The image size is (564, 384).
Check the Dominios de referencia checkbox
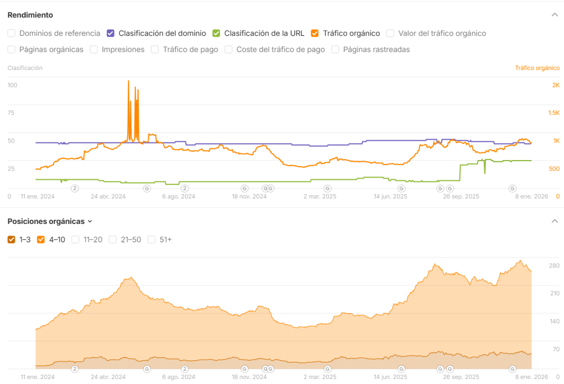(x=12, y=34)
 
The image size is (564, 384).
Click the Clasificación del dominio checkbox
(x=111, y=34)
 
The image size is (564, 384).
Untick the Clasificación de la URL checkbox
(x=216, y=34)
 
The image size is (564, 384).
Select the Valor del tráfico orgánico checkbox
(x=391, y=34)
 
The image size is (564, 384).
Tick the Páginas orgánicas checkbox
(x=12, y=50)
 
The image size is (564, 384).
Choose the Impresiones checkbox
(x=94, y=50)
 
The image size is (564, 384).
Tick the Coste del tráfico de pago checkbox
(x=229, y=50)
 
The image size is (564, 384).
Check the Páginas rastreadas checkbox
(x=335, y=50)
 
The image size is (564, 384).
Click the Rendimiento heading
(x=30, y=15)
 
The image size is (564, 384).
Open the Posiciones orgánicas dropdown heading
(x=50, y=221)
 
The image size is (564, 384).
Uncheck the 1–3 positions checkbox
(x=12, y=239)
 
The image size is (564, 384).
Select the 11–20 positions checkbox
(x=75, y=239)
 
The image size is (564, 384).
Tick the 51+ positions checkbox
(x=151, y=239)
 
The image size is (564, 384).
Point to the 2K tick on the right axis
(x=556, y=85)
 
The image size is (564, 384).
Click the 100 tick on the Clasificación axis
(x=13, y=85)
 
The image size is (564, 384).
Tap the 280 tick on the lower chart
(x=554, y=266)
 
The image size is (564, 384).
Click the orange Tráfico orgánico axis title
(x=537, y=68)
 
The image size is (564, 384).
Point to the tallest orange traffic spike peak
(x=128, y=81)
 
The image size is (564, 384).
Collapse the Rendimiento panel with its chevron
(x=555, y=15)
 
